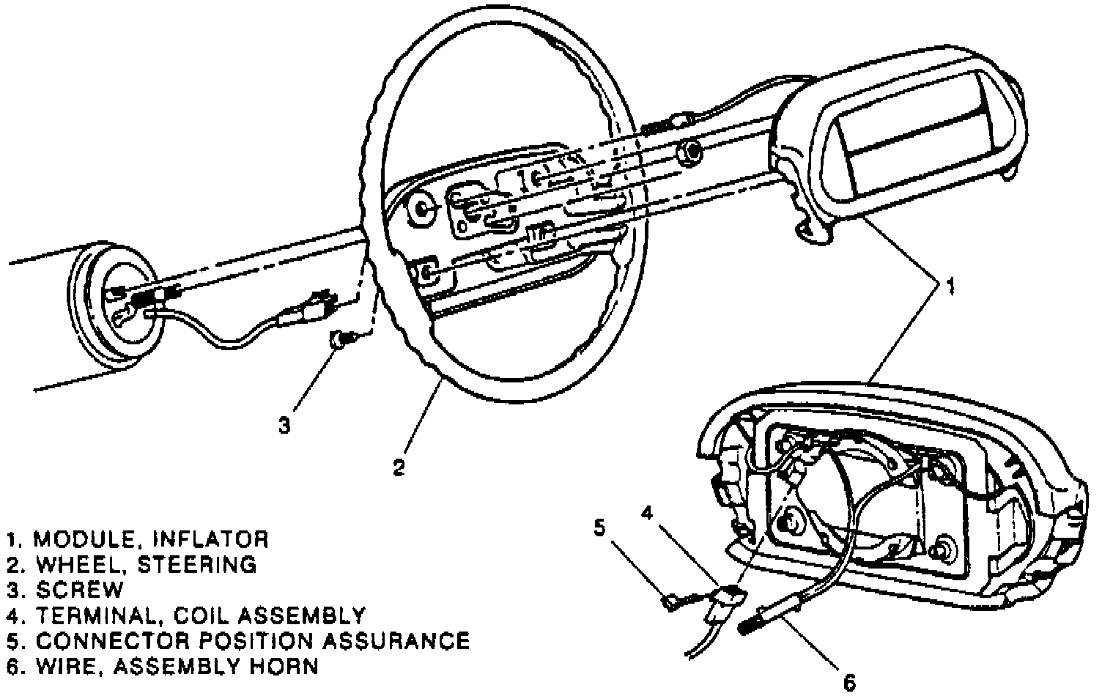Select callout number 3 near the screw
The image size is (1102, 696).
tap(284, 425)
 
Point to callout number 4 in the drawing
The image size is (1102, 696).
tap(646, 514)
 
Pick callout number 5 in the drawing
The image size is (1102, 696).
tap(599, 527)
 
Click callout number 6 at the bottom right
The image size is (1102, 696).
tap(850, 683)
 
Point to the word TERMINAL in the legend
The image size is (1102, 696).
tap(95, 615)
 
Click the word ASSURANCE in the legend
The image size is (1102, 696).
tap(396, 641)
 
